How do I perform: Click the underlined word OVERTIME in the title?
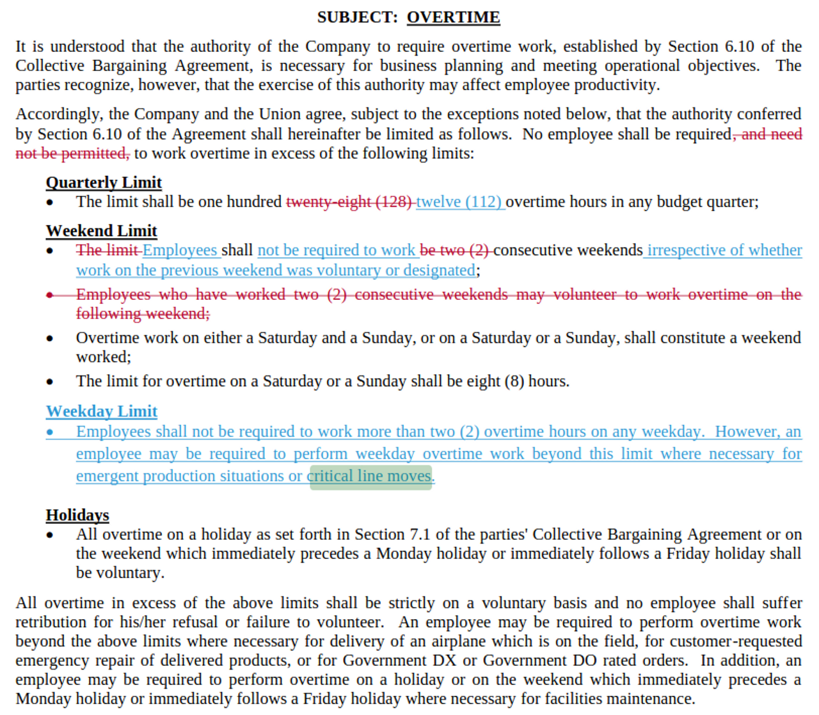(453, 17)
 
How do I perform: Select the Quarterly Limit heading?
(104, 182)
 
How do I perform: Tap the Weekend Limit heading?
(101, 231)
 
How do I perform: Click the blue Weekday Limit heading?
(101, 411)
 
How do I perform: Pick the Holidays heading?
(77, 515)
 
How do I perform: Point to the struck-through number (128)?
(394, 202)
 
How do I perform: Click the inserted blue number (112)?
(483, 202)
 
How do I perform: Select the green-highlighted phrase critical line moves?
(370, 476)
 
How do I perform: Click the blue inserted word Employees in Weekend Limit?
(180, 250)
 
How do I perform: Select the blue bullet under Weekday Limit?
(50, 432)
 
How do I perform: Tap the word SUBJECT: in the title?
(357, 17)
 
